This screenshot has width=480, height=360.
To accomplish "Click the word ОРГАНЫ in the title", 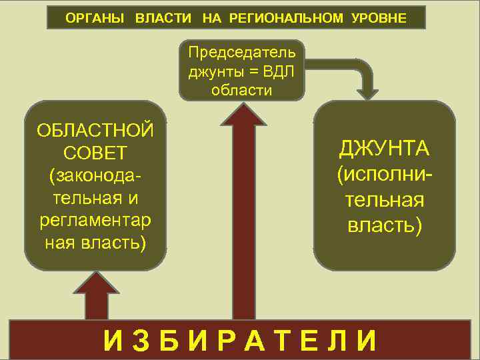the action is [x=95, y=18].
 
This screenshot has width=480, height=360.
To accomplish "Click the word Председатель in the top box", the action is [x=241, y=52].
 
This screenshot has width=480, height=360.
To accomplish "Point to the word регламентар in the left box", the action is [x=96, y=219].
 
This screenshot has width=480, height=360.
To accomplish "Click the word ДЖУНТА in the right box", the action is [x=385, y=148].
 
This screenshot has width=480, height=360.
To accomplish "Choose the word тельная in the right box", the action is [x=385, y=201].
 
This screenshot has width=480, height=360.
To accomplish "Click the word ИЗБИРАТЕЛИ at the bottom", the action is [x=240, y=341].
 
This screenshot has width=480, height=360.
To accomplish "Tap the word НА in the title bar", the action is [x=211, y=18].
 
